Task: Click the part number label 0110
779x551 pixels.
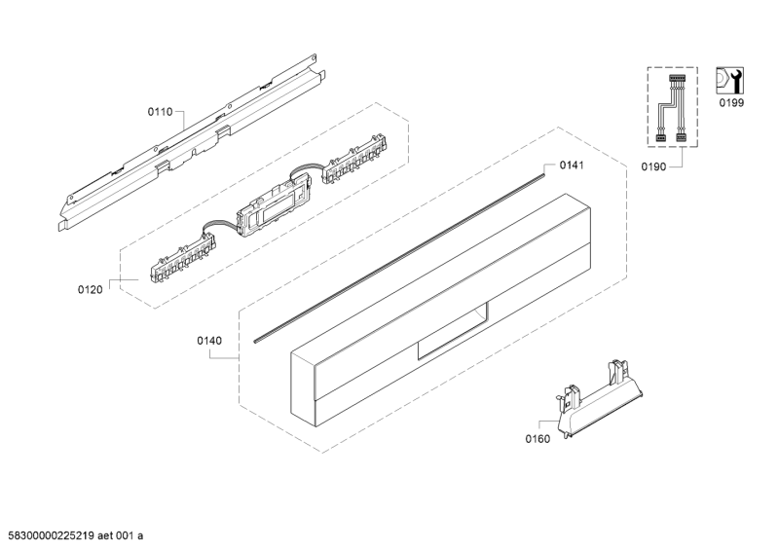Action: point(160,112)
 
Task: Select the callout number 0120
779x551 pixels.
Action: point(90,289)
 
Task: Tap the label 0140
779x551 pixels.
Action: point(209,341)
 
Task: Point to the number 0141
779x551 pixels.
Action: point(572,165)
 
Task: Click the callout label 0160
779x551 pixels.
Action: point(538,439)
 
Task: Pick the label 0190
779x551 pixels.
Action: point(653,166)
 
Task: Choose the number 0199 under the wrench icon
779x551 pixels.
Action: point(732,103)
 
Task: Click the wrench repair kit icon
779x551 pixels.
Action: point(729,81)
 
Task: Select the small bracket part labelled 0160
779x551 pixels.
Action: point(599,400)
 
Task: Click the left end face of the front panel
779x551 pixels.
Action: point(304,389)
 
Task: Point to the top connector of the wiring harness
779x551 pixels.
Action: point(677,79)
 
